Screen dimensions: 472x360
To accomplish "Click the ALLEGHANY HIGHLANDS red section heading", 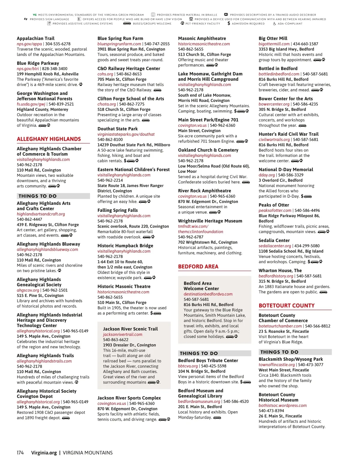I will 49,139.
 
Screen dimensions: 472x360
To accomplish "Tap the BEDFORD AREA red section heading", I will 198,267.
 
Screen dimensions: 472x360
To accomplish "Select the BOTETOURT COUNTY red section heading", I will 286,306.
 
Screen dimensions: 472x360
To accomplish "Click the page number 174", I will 20,453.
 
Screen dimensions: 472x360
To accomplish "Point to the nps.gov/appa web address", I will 29,44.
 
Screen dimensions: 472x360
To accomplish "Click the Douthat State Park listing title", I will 118,129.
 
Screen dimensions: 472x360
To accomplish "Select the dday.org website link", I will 267,175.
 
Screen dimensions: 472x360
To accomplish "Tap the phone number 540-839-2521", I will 61,104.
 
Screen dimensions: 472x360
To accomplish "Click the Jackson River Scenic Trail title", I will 130,329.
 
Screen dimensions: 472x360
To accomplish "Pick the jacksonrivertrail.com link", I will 123,334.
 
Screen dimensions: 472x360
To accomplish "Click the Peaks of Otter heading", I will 274,205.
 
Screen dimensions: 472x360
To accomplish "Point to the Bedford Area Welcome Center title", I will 201,286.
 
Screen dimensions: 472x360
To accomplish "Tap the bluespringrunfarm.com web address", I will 119,44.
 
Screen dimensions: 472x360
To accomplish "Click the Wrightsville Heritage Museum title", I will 210,221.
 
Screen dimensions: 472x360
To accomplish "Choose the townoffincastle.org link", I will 277,365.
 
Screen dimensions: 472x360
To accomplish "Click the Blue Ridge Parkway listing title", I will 38,63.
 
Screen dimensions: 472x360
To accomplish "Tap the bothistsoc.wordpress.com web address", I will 283,405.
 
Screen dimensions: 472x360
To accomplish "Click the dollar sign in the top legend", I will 229,23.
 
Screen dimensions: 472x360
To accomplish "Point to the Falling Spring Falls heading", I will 118,210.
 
